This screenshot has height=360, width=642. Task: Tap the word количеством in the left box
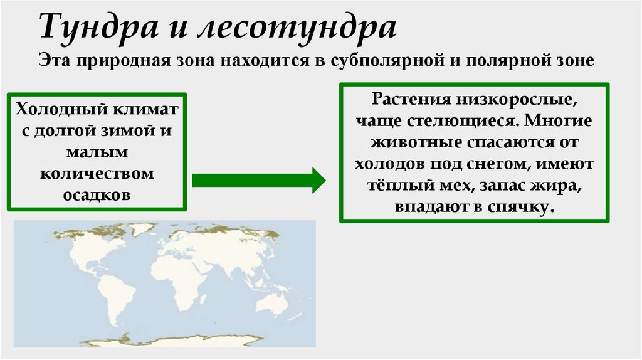point(97,174)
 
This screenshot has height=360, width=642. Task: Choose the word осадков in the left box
point(97,194)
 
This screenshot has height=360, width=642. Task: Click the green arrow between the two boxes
point(258,181)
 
